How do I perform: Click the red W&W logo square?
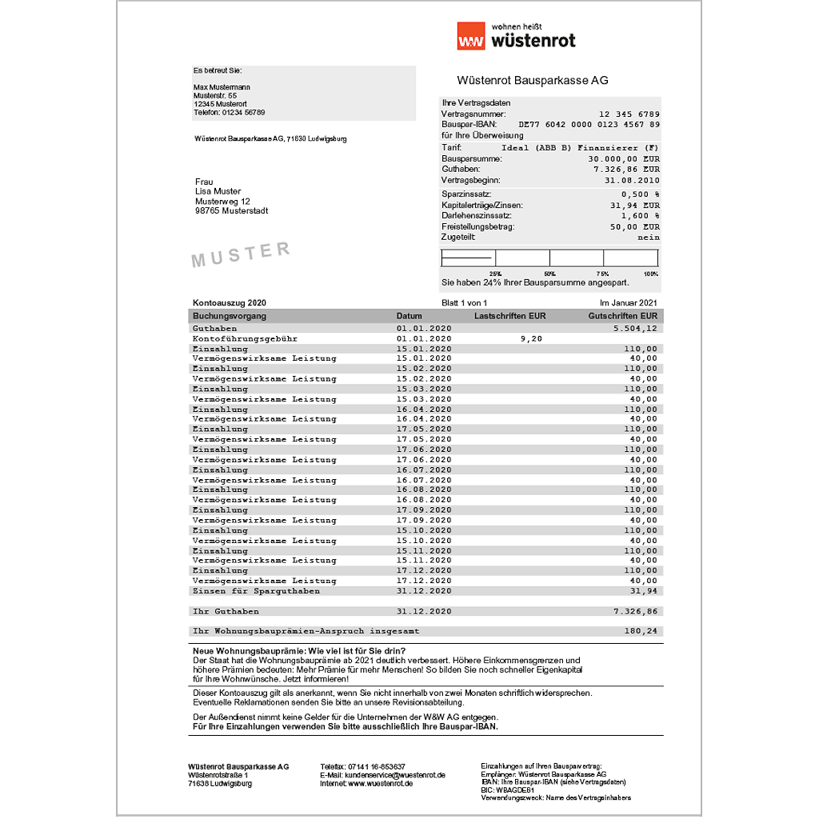(x=470, y=36)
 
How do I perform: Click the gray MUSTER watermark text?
(x=241, y=254)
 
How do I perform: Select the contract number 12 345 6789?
(x=629, y=114)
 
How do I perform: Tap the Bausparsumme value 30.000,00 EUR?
(x=624, y=158)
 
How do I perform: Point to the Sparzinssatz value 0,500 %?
(x=640, y=194)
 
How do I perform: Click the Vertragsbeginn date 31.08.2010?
(x=633, y=180)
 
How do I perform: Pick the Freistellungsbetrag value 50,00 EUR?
(x=631, y=227)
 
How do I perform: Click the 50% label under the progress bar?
(x=549, y=274)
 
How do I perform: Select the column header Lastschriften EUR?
(x=509, y=316)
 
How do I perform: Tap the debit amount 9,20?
(x=530, y=338)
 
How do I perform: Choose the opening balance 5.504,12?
(x=635, y=329)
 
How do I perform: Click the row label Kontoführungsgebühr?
(x=245, y=338)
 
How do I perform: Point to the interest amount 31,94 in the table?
(x=643, y=591)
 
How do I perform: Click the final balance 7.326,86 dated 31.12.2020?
(x=635, y=611)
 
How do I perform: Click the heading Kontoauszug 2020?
(x=229, y=302)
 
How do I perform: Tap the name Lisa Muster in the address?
(x=218, y=191)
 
